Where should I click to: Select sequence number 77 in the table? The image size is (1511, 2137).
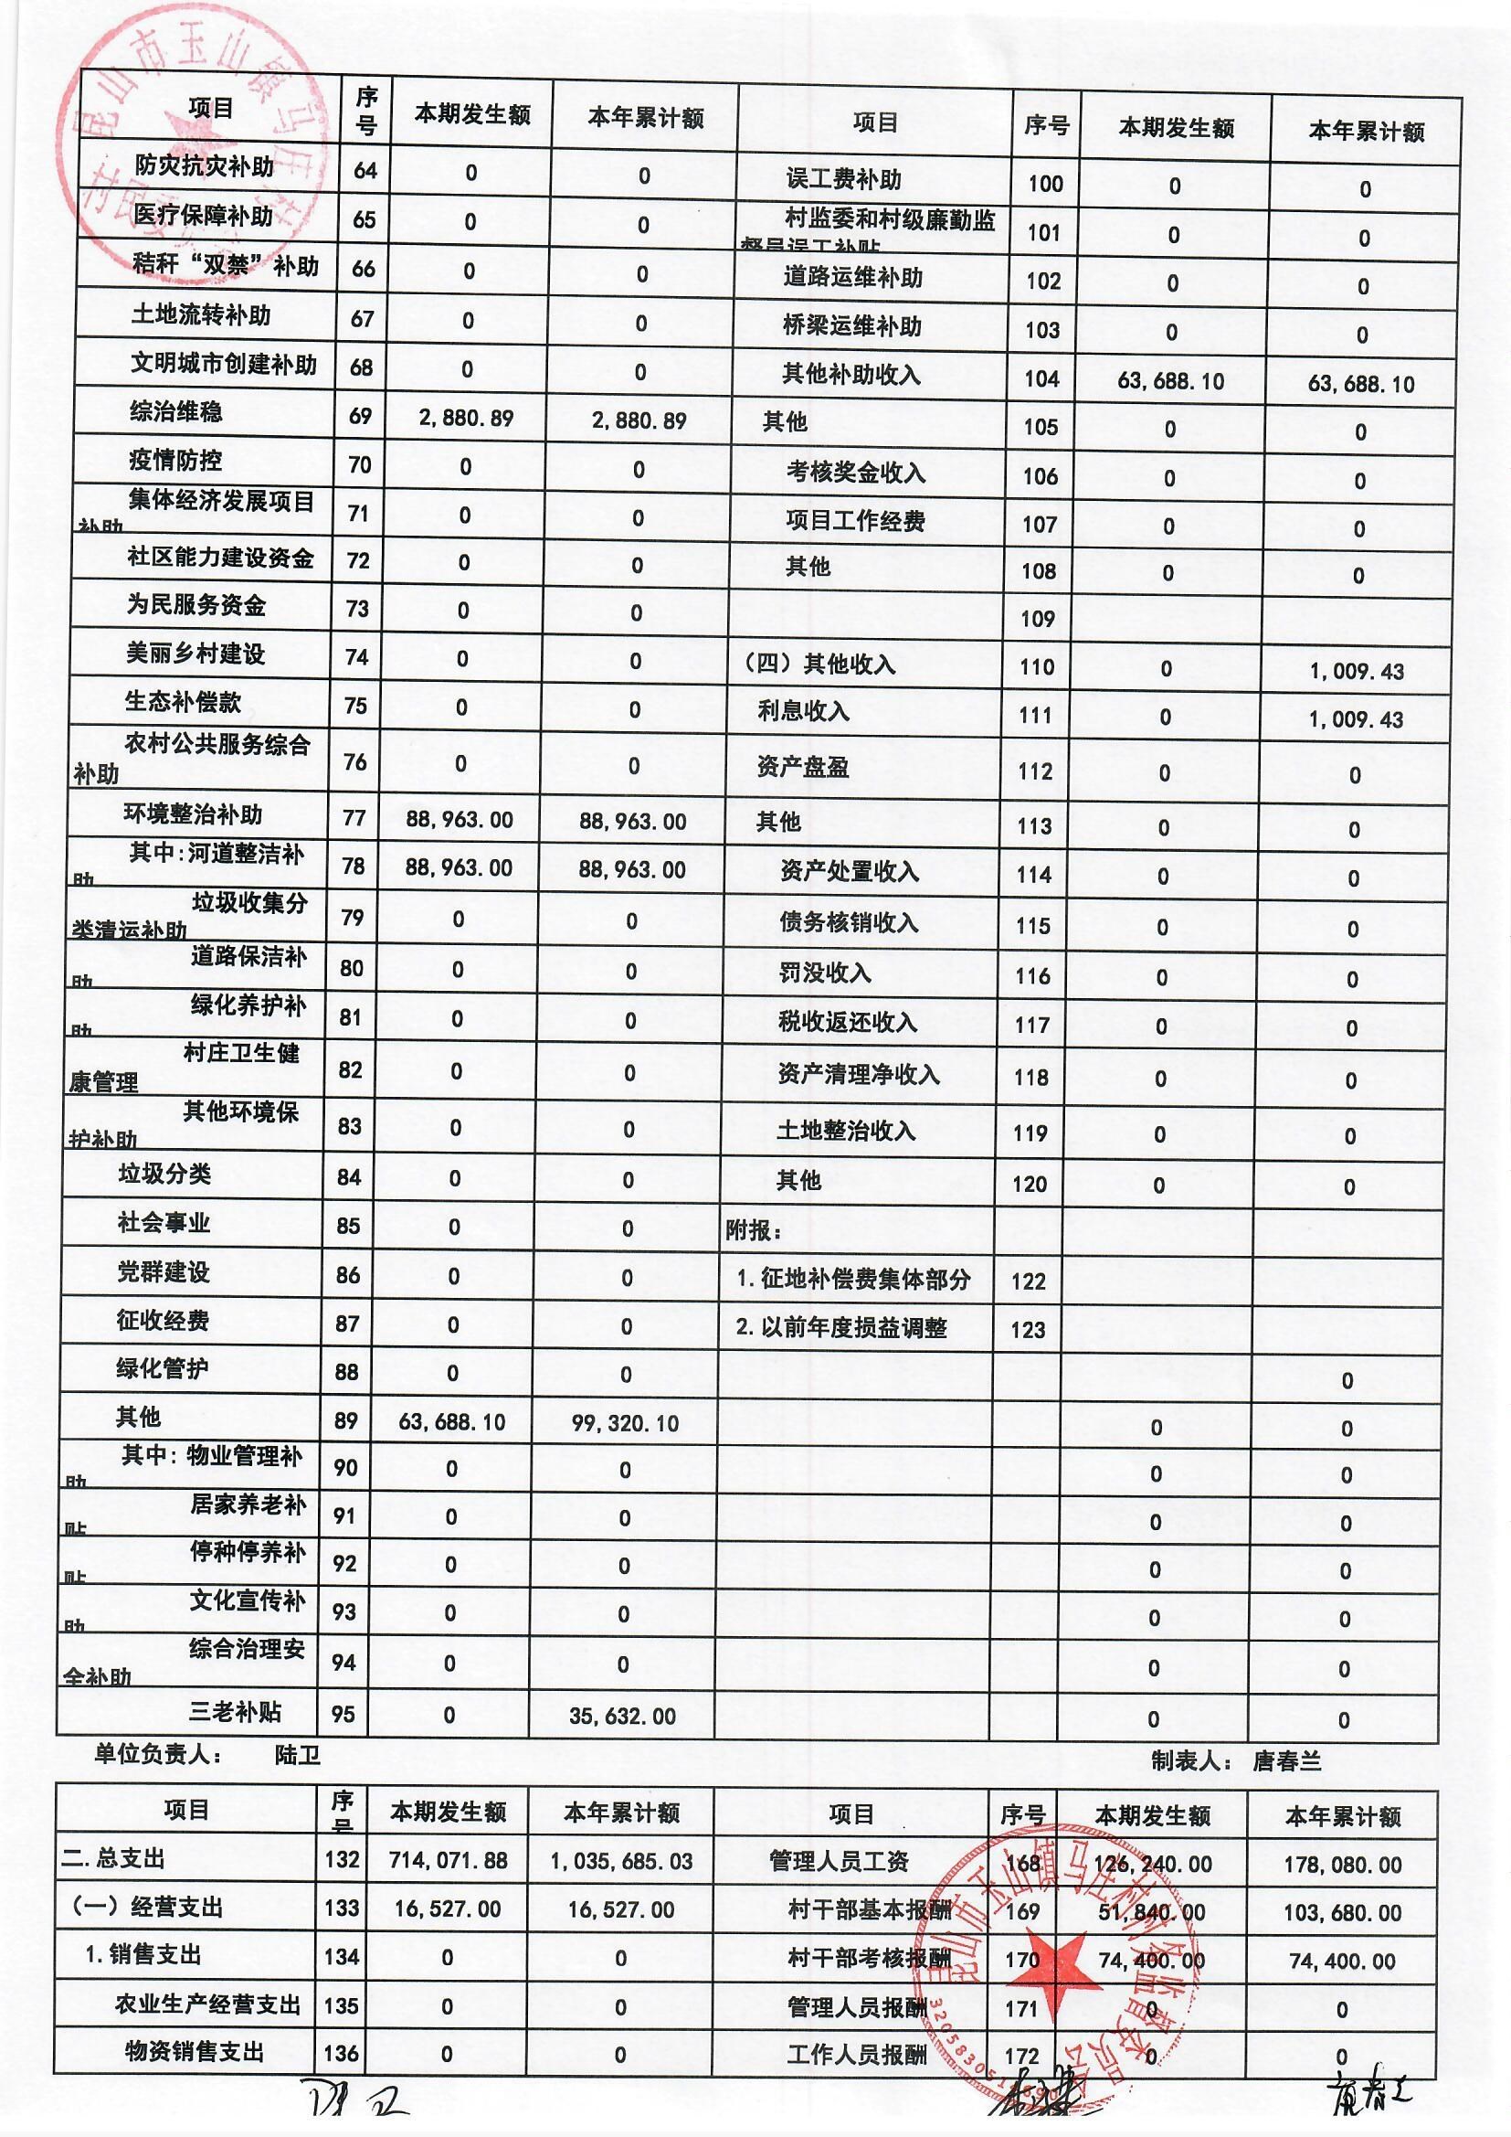point(354,818)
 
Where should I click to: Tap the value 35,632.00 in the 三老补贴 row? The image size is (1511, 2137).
point(622,1716)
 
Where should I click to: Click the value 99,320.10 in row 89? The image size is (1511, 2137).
point(625,1423)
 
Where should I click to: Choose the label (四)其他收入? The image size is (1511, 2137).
point(819,664)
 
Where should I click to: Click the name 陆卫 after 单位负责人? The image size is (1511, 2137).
point(298,1754)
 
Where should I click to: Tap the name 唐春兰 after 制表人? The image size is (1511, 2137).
point(1287,1760)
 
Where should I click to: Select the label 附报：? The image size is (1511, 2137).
point(754,1230)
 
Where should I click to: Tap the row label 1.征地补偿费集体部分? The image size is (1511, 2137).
point(853,1279)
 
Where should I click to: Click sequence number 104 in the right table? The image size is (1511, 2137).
point(1042,377)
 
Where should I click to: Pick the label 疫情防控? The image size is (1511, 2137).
point(174,460)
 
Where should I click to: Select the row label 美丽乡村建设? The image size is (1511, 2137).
point(195,654)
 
